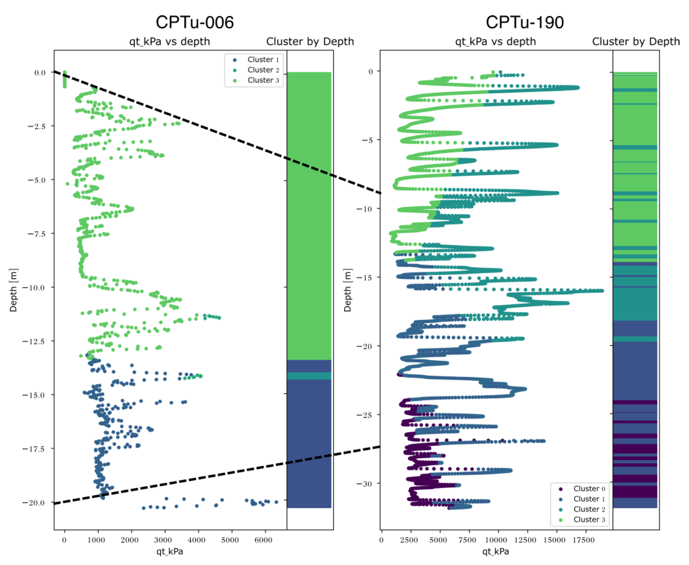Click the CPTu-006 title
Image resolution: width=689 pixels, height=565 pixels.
click(x=195, y=23)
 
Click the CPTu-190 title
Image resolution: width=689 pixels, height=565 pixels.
click(x=525, y=23)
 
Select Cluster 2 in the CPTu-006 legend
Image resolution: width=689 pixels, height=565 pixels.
click(x=263, y=70)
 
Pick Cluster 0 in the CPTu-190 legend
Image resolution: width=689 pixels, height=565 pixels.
click(x=589, y=488)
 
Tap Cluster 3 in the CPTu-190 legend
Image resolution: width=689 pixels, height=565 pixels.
click(x=589, y=519)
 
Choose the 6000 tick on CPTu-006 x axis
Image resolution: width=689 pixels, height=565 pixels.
click(x=263, y=540)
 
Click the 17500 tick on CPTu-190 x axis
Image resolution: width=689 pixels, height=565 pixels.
click(x=583, y=540)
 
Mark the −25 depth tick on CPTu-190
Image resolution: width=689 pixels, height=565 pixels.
click(x=364, y=415)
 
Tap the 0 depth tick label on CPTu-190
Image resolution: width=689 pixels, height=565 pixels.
click(x=370, y=72)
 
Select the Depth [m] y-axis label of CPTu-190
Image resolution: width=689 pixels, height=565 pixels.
click(x=347, y=290)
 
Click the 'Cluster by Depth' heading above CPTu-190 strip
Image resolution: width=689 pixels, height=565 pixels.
click(x=636, y=42)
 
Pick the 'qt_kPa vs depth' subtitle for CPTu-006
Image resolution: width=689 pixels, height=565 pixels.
click(x=169, y=42)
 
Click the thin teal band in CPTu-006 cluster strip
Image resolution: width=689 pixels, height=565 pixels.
click(x=309, y=376)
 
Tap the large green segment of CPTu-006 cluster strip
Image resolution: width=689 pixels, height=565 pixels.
click(x=309, y=215)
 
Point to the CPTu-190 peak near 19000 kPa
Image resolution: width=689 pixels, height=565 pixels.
click(x=602, y=291)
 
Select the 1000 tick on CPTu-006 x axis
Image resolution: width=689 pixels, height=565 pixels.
click(x=96, y=540)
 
